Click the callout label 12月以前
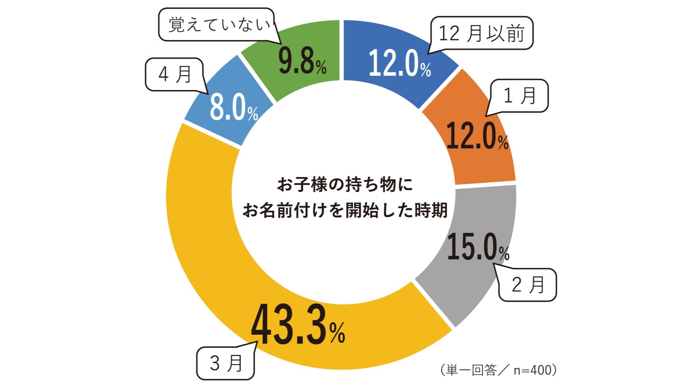(x=481, y=33)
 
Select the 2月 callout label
(x=528, y=285)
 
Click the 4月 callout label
(x=175, y=74)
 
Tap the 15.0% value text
(x=478, y=247)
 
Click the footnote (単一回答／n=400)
(x=498, y=370)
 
